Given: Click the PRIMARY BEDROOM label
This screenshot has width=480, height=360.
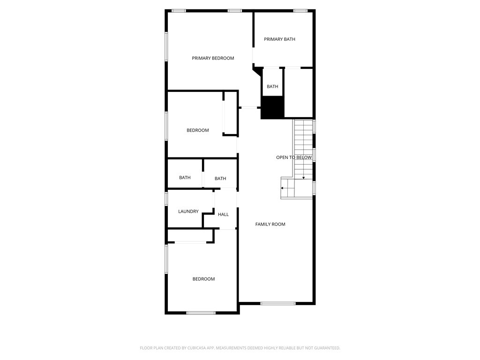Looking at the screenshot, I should point(213,58).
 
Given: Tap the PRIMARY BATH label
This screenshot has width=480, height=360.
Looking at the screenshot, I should point(279,39).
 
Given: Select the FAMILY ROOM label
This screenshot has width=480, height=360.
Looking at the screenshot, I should point(270,224).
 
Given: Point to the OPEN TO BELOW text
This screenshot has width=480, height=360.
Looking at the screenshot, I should point(294,157).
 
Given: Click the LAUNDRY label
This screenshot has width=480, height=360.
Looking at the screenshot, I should point(188,211).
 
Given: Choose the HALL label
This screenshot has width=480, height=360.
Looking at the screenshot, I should point(223,214).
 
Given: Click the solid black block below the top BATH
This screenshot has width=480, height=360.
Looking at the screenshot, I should point(273,107).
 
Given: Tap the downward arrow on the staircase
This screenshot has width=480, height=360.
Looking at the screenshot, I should point(303,177).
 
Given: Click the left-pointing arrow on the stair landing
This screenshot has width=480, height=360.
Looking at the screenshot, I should point(283,188).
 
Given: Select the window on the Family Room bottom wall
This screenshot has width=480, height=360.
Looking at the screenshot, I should point(278,303).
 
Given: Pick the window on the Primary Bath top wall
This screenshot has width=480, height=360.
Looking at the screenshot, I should point(300,11).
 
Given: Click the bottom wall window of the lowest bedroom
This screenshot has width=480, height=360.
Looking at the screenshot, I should point(201,313).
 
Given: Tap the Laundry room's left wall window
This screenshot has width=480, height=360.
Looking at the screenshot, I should point(166,198).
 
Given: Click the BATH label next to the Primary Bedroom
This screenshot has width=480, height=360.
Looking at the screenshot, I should point(272,87).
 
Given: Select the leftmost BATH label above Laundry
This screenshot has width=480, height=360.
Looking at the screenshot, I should point(185,178).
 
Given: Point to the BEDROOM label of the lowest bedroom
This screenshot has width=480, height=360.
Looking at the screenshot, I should point(203,279).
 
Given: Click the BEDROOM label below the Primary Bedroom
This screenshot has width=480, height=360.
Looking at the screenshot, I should point(197,130).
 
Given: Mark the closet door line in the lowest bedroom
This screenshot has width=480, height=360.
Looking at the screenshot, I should point(190,242).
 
